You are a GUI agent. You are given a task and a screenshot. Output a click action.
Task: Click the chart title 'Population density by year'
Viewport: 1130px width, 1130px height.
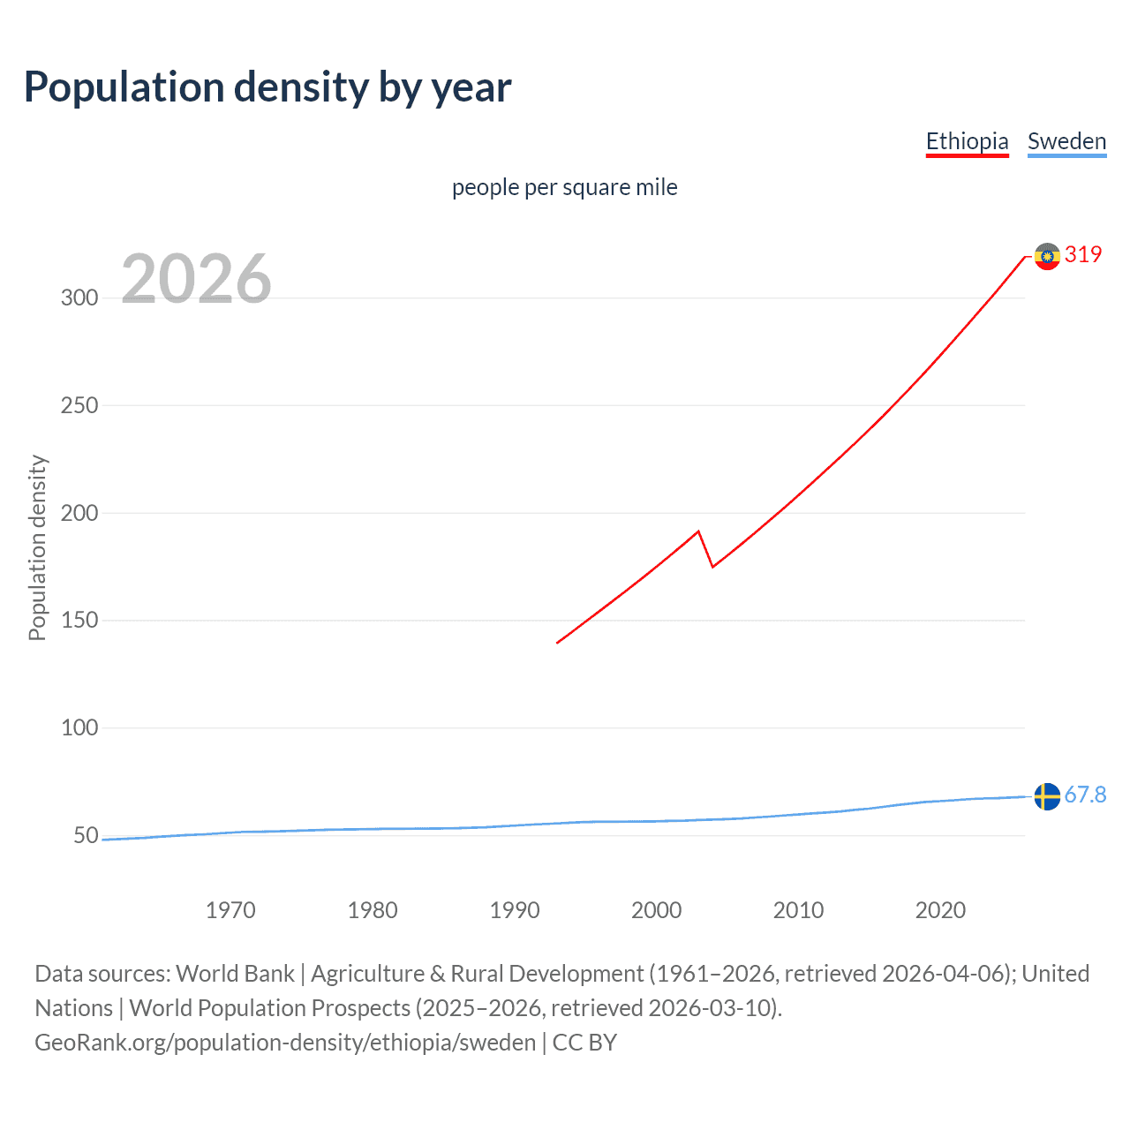[x=267, y=87]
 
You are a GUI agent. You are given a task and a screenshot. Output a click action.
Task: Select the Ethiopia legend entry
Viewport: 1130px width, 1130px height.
[x=967, y=141]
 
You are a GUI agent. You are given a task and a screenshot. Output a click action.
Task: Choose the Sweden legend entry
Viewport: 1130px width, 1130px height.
[x=1066, y=141]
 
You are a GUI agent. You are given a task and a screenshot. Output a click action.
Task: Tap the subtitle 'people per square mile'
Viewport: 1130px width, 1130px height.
[x=564, y=187]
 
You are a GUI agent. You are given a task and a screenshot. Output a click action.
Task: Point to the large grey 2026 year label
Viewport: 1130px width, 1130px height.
[x=196, y=279]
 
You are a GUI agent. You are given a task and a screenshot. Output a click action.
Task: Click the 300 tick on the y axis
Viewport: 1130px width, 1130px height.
[x=79, y=298]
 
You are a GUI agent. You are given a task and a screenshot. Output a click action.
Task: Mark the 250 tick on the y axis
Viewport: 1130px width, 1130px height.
[x=79, y=405]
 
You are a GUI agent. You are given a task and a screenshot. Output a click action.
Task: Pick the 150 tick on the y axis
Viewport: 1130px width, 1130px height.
[x=79, y=621]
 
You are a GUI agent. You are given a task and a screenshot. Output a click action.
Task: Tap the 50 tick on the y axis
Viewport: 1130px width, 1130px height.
[x=86, y=835]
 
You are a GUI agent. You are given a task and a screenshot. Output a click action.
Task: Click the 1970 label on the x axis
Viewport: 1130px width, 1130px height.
[x=230, y=910]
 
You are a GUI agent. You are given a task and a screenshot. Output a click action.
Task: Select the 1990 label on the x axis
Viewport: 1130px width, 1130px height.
[x=515, y=910]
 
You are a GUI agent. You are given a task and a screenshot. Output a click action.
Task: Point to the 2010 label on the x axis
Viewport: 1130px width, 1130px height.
[x=798, y=910]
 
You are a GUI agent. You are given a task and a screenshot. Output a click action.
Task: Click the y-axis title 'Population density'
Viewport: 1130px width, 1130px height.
[x=37, y=547]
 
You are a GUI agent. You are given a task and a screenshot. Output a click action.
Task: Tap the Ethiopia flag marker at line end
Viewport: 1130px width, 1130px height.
[x=1047, y=256]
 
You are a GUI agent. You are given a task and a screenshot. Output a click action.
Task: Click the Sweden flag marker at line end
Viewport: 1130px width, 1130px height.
[x=1047, y=796]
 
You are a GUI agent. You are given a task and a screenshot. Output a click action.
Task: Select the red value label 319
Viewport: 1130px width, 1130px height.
[x=1083, y=254]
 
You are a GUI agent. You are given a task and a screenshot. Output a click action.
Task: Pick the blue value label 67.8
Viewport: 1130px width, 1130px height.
[x=1085, y=795]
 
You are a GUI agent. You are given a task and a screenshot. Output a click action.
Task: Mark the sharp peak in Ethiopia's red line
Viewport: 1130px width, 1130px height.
[x=698, y=531]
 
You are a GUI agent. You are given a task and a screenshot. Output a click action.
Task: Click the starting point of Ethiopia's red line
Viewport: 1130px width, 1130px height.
[x=557, y=643]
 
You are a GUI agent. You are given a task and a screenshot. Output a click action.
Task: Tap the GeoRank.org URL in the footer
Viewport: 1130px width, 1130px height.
[x=285, y=1043]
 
